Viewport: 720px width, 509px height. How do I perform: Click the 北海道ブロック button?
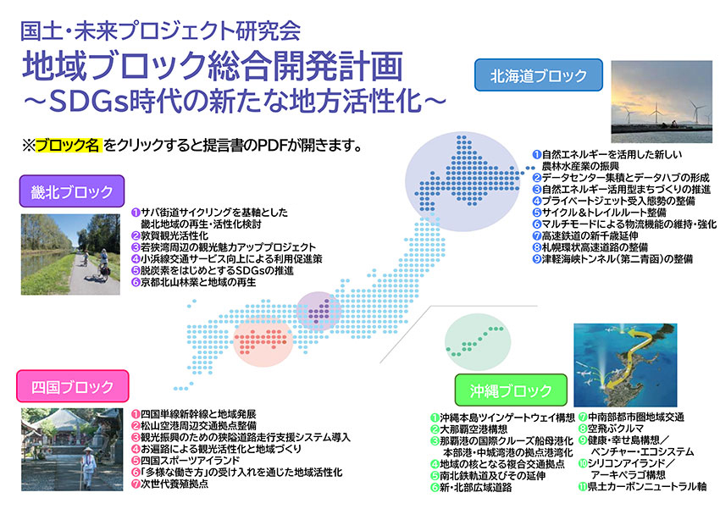pos(538,75)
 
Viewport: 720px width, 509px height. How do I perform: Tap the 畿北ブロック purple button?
pos(72,191)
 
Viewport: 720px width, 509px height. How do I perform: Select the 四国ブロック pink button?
pos(73,386)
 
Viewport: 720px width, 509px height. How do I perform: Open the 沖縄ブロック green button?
pos(511,390)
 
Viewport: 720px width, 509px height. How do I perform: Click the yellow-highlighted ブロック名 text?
pos(68,146)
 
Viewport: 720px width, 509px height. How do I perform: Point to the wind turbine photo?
pos(662,102)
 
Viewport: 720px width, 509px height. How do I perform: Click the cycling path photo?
pos(70,254)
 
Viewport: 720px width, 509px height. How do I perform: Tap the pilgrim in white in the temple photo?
pos(89,466)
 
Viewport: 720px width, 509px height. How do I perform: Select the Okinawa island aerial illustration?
pos(625,365)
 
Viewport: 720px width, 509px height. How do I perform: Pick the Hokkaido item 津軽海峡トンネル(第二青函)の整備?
pos(612,259)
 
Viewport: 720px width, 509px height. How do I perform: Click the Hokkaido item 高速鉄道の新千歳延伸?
pos(585,236)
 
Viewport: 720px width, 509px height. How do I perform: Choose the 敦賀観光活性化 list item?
pos(169,236)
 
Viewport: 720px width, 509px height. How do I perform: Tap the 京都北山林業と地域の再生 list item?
pos(193,282)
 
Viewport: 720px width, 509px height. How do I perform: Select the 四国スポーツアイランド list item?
pos(186,461)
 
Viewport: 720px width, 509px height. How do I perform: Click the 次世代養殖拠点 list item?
pos(169,484)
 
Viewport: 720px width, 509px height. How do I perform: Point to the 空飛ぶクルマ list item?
pos(611,429)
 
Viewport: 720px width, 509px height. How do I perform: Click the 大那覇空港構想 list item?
pos(468,429)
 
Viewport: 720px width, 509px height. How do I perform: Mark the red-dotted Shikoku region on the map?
pos(263,340)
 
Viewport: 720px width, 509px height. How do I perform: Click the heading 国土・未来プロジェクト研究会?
pos(161,30)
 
